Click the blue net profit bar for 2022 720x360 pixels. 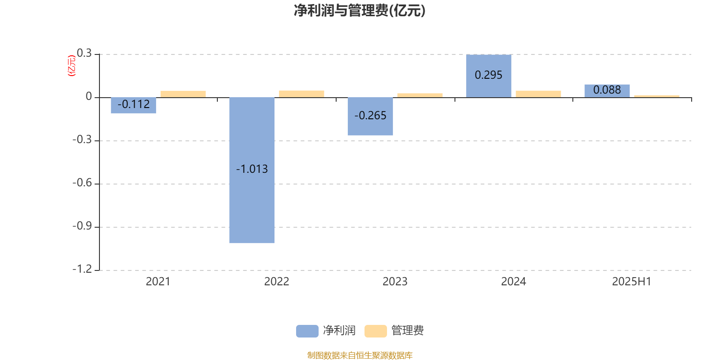pyautogui.click(x=252, y=170)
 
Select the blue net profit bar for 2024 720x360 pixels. pyautogui.click(x=489, y=76)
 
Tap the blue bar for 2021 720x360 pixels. pyautogui.click(x=133, y=105)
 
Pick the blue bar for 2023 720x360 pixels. pyautogui.click(x=370, y=117)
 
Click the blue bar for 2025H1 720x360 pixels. pyautogui.click(x=607, y=91)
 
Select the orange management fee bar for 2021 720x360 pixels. pyautogui.click(x=183, y=94)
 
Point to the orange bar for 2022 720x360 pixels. pyautogui.click(x=301, y=94)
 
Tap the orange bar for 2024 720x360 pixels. pyautogui.click(x=538, y=94)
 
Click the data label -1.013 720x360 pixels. pyautogui.click(x=252, y=169)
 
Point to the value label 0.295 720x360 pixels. pyautogui.click(x=489, y=75)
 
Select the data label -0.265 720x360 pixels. pyautogui.click(x=370, y=115)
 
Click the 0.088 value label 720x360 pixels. pyautogui.click(x=607, y=90)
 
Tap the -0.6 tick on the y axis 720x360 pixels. pyautogui.click(x=83, y=183)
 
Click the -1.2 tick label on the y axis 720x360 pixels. pyautogui.click(x=83, y=269)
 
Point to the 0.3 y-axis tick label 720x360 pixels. pyautogui.click(x=84, y=53)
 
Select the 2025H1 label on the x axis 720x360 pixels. pyautogui.click(x=632, y=282)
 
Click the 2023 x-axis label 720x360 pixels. pyautogui.click(x=395, y=282)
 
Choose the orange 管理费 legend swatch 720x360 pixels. pyautogui.click(x=375, y=331)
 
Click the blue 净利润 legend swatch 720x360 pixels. pyautogui.click(x=307, y=331)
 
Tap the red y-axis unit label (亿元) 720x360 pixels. pyautogui.click(x=72, y=66)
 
